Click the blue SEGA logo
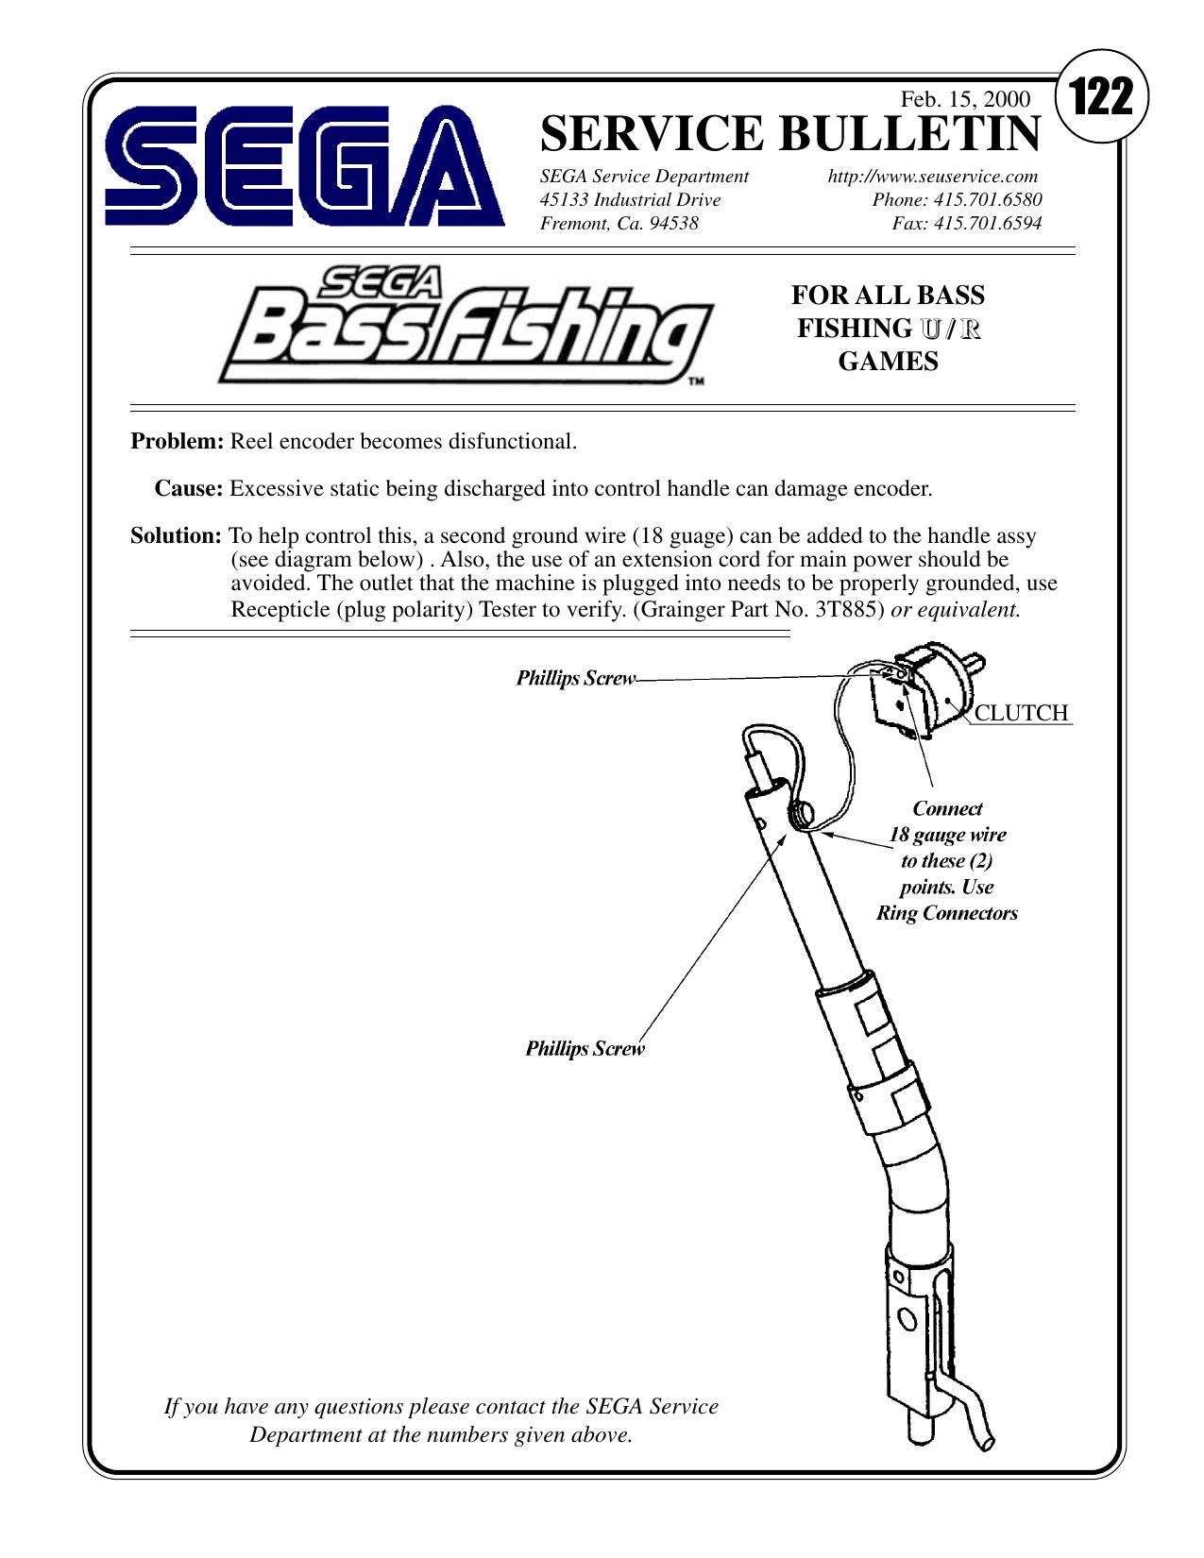pyautogui.click(x=304, y=166)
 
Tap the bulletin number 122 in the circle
pyautogui.click(x=1100, y=97)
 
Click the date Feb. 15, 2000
pyautogui.click(x=964, y=99)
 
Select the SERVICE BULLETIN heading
pyautogui.click(x=789, y=133)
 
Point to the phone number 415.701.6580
pyautogui.click(x=988, y=200)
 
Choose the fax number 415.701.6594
pyautogui.click(x=988, y=224)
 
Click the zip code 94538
pyautogui.click(x=674, y=224)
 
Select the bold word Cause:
pyautogui.click(x=189, y=489)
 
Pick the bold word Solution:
pyautogui.click(x=176, y=536)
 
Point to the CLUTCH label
pyautogui.click(x=1021, y=713)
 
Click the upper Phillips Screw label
pyautogui.click(x=576, y=679)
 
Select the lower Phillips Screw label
pyautogui.click(x=585, y=1049)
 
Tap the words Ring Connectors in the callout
pyautogui.click(x=946, y=913)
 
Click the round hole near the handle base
pyautogui.click(x=907, y=1318)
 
